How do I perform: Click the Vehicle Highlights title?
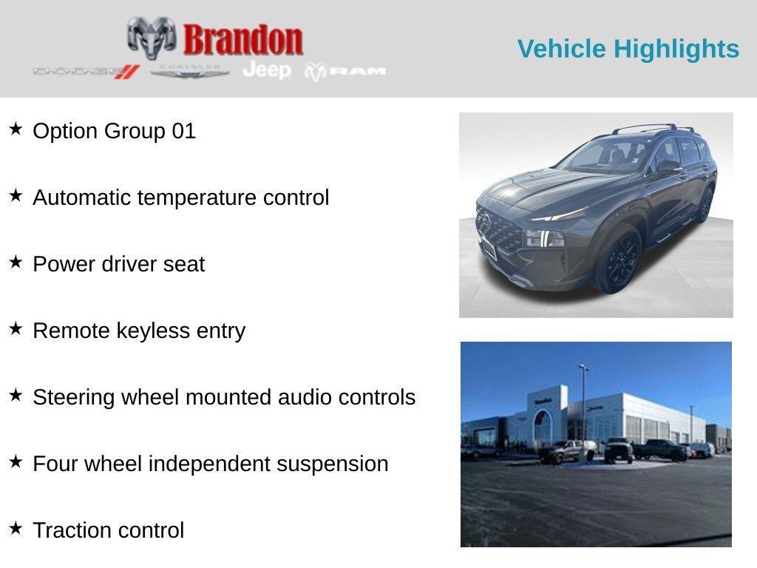(x=628, y=49)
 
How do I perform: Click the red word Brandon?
(x=243, y=39)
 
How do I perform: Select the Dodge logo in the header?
(x=86, y=71)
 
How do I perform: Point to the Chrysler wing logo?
(x=190, y=71)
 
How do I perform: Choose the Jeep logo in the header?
(x=267, y=70)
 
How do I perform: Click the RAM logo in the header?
(x=346, y=71)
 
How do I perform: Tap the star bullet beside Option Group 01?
(x=16, y=129)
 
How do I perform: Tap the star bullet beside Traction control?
(x=16, y=529)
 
